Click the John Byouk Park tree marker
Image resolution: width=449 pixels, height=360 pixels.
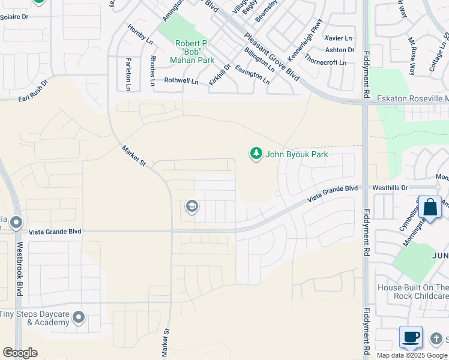tap(256, 154)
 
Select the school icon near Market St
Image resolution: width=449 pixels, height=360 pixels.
tap(191, 207)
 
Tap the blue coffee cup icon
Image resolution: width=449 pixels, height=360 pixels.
tap(411, 337)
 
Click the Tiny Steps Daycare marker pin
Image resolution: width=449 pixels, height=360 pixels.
tap(79, 318)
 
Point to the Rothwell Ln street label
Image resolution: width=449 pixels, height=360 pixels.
tap(181, 80)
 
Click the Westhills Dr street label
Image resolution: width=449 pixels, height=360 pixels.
tap(390, 188)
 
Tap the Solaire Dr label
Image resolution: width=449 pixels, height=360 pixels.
tap(14, 17)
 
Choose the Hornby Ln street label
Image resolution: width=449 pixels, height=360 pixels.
tap(140, 34)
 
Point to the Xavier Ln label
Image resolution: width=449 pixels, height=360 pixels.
tap(338, 38)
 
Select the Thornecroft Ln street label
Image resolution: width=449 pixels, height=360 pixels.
tap(325, 61)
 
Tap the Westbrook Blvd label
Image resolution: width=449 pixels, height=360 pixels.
tap(19, 268)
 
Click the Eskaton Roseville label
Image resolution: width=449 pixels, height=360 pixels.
tap(412, 98)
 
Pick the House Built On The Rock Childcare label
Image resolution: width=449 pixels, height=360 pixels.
tap(412, 292)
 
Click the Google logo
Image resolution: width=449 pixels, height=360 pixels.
tap(20, 353)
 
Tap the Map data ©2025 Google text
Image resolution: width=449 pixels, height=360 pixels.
tap(412, 355)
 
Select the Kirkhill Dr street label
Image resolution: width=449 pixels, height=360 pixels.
tap(219, 74)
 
